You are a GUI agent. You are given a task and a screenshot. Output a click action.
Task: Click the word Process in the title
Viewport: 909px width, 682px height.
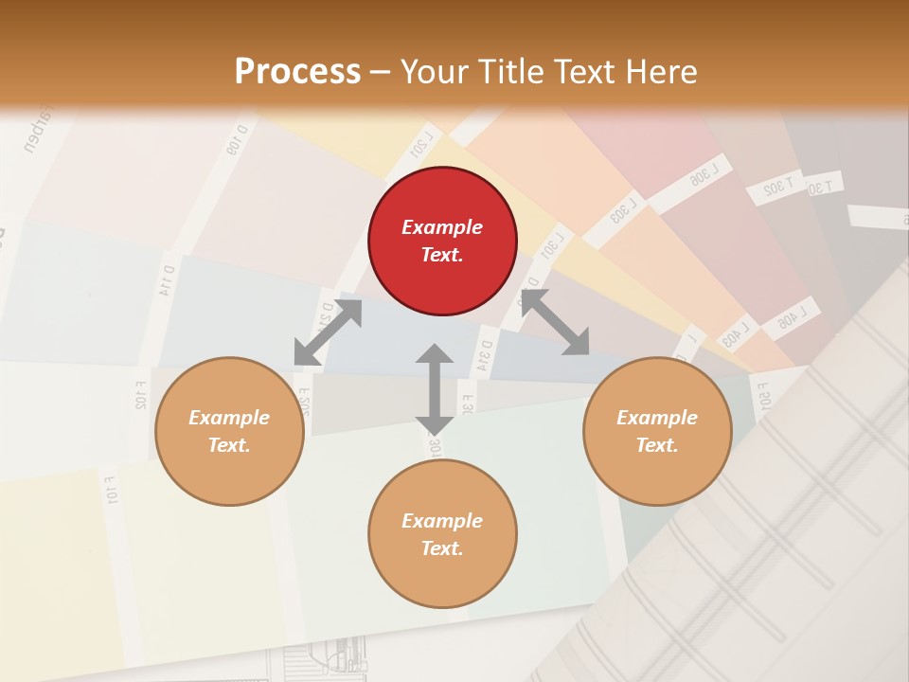pos(297,72)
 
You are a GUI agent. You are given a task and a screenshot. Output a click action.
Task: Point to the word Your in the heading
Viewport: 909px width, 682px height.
pos(434,72)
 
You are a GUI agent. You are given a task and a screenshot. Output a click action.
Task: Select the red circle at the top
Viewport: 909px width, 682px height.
pos(442,241)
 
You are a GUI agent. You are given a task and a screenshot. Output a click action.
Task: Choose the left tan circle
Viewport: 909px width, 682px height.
pos(229,431)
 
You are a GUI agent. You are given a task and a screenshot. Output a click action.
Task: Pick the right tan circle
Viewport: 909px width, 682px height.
pos(657,431)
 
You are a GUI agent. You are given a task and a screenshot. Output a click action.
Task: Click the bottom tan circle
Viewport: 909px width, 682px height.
pos(442,534)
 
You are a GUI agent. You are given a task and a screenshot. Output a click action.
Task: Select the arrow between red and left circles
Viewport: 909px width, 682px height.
pos(328,332)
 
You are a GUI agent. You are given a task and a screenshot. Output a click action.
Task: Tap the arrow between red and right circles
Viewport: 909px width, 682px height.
pos(555,323)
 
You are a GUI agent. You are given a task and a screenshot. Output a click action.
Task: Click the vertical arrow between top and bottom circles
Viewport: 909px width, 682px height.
pos(435,388)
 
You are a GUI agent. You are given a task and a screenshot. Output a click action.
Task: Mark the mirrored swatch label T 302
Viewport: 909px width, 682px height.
pos(775,188)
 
